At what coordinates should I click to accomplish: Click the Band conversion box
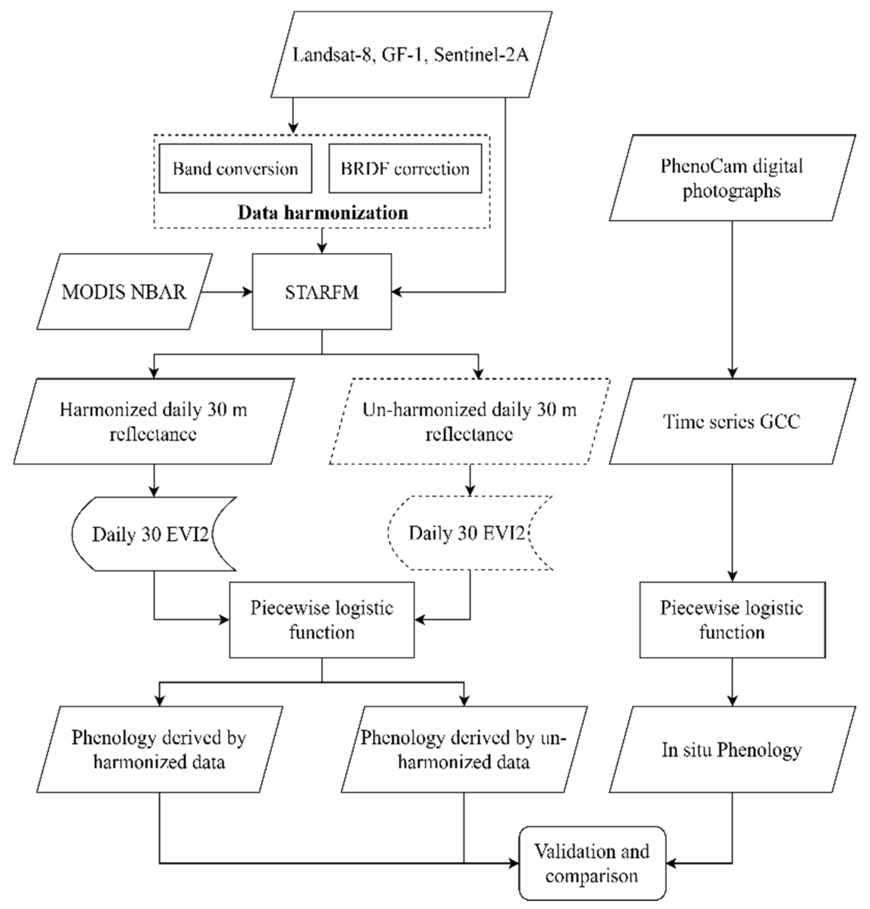click(235, 168)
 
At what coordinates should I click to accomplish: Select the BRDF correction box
click(405, 168)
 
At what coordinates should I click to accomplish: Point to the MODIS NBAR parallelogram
click(124, 292)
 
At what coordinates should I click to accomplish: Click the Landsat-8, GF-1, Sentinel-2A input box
click(411, 55)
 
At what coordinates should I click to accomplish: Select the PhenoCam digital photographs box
click(732, 178)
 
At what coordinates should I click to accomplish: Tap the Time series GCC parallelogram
click(732, 421)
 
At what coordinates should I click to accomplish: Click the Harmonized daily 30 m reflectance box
click(153, 421)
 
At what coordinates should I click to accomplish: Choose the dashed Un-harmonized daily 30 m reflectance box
click(469, 421)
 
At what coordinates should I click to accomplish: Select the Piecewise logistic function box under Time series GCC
click(732, 620)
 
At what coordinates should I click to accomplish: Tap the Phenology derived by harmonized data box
click(159, 750)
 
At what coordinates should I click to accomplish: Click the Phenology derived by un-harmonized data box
click(464, 750)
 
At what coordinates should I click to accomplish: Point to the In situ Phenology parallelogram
click(732, 750)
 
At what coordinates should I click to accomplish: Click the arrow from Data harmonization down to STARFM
click(322, 241)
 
